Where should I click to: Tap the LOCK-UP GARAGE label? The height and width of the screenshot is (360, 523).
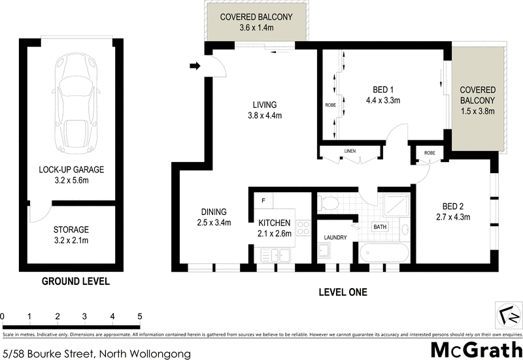click(71, 169)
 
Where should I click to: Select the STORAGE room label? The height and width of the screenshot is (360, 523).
click(71, 230)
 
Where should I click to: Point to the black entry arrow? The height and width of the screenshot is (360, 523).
click(194, 65)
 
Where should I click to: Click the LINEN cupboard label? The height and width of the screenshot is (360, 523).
click(350, 152)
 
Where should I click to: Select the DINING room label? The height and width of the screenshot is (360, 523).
click(214, 212)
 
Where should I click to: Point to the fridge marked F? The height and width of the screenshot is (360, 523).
click(263, 201)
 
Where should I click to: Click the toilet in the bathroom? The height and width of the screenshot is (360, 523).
click(329, 203)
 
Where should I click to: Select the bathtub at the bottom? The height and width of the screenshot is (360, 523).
click(384, 254)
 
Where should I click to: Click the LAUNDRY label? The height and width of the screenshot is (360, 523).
click(334, 238)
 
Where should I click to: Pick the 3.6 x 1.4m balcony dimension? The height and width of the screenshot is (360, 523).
click(256, 27)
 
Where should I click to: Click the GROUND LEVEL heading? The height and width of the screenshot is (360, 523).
click(75, 282)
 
